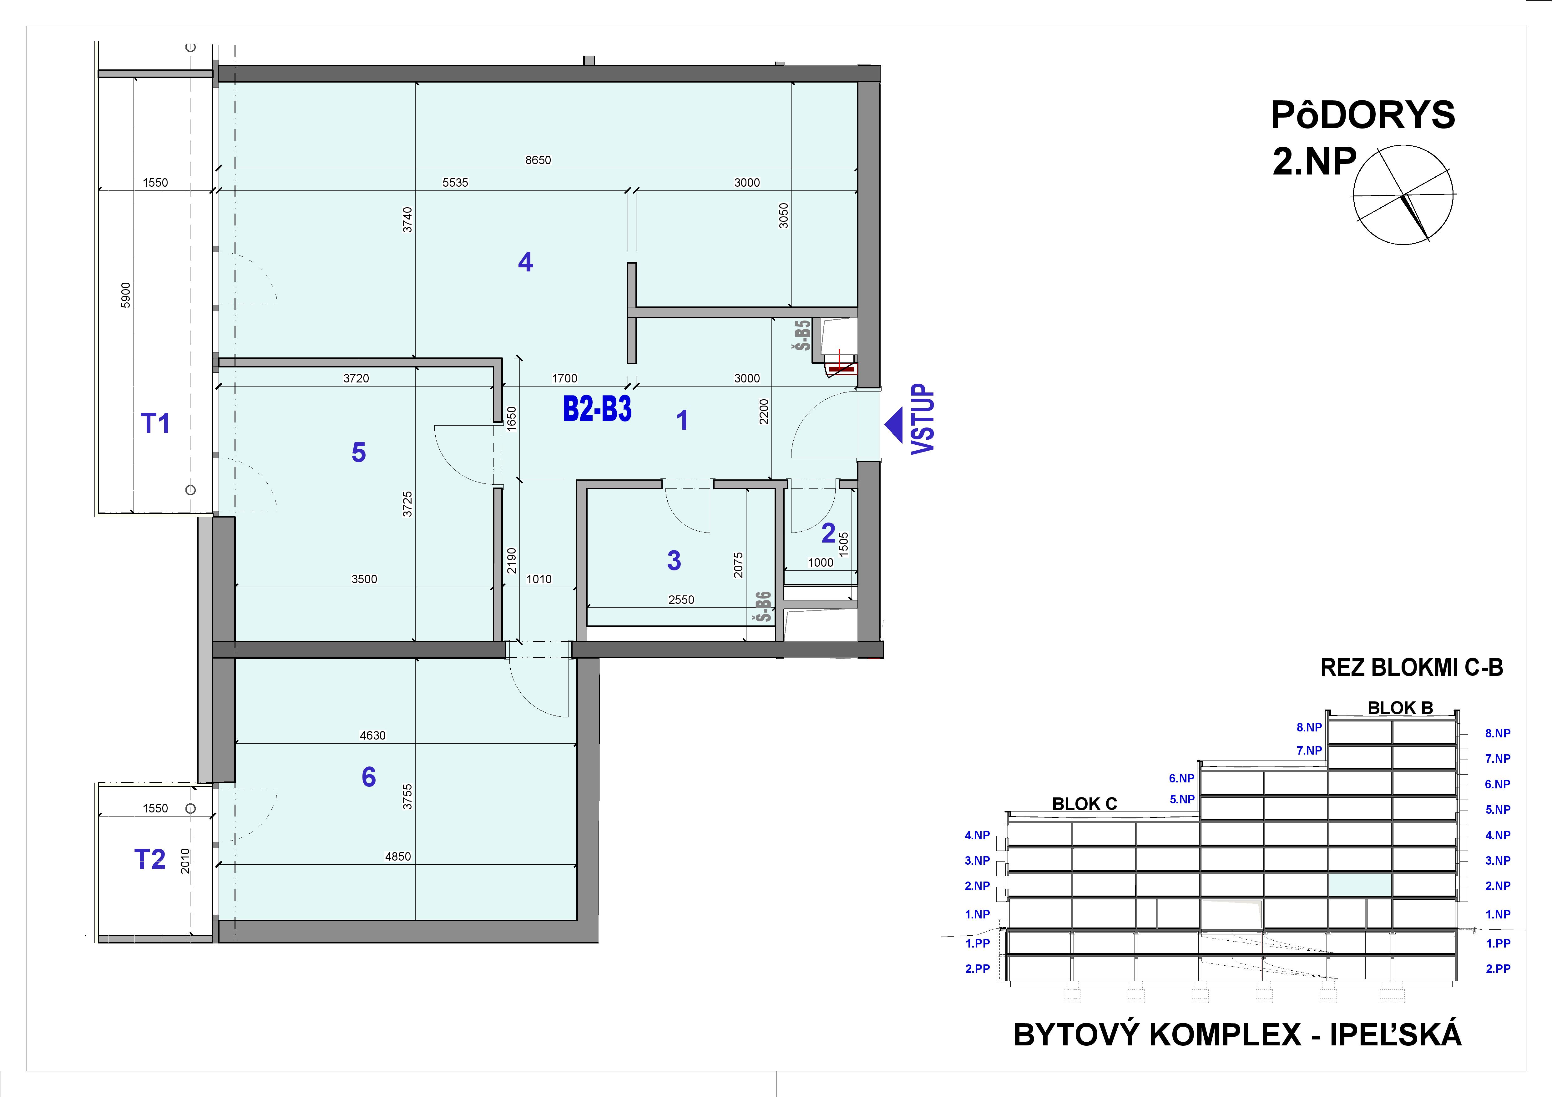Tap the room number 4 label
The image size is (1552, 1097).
coord(525,261)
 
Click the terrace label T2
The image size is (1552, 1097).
coord(149,859)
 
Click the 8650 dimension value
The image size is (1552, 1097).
coord(538,160)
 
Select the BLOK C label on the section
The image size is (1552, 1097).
coord(1084,804)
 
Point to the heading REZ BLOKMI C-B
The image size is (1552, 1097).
coord(1411,668)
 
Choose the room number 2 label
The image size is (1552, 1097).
coord(828,533)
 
